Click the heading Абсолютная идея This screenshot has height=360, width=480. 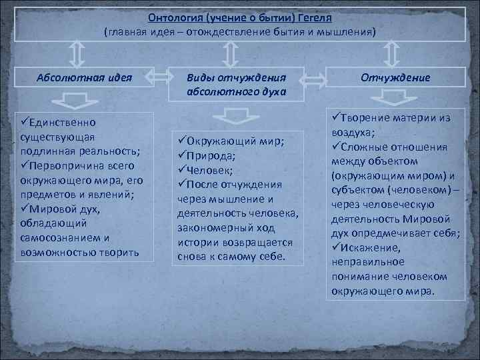[x=84, y=77]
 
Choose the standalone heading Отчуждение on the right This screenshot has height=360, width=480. [x=395, y=77]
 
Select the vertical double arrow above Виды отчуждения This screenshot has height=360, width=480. [x=230, y=53]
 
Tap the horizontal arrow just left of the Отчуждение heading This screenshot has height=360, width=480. [x=317, y=79]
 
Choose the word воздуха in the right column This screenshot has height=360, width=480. [x=355, y=132]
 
